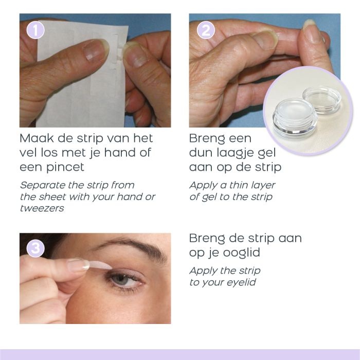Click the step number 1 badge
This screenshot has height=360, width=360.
[35, 30]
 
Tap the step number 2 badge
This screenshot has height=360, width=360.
[206, 30]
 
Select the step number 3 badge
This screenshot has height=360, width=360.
[35, 248]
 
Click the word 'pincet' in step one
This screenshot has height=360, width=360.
[65, 168]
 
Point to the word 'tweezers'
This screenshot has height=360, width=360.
[42, 208]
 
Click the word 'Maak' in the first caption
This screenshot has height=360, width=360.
[37, 138]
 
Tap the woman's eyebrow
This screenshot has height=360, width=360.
[133, 247]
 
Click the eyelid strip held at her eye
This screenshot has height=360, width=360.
[100, 265]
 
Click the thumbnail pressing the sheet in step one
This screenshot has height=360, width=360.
[96, 49]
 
